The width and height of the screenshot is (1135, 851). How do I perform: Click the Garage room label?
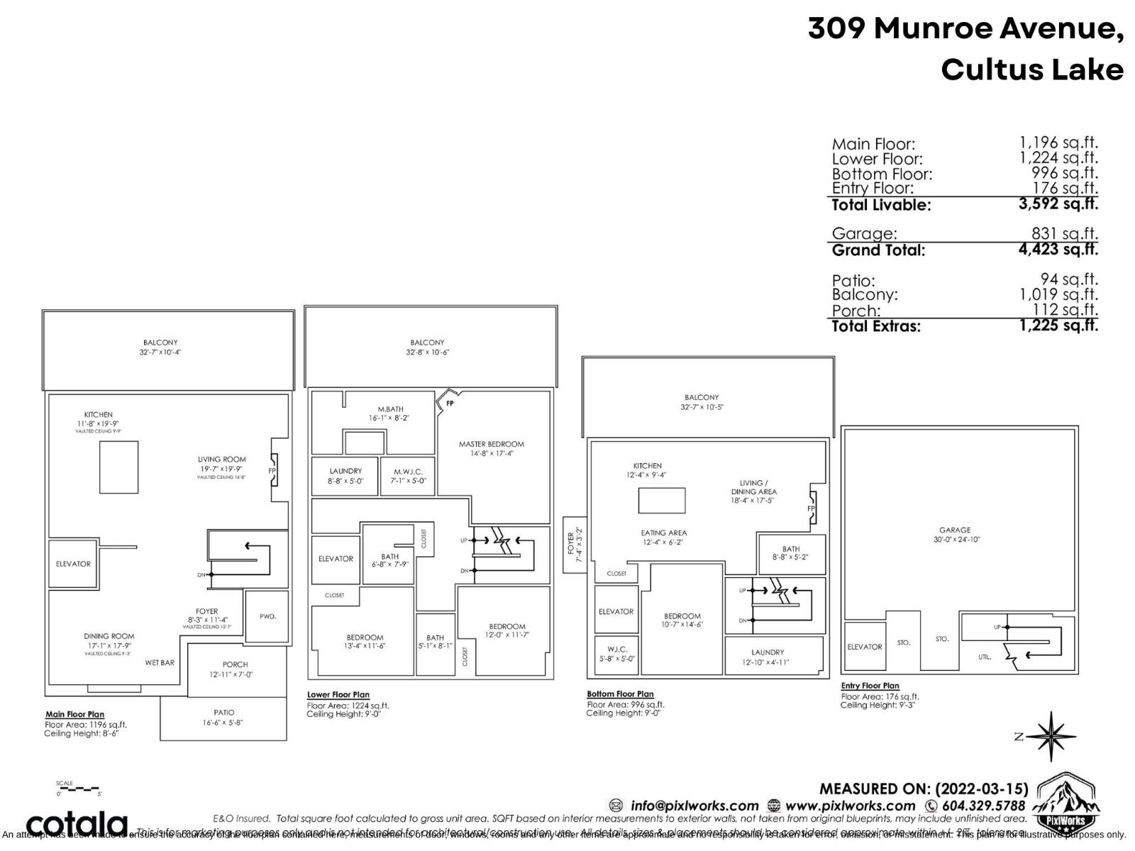pos(955,530)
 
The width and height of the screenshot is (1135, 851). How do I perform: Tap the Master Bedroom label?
pos(491,444)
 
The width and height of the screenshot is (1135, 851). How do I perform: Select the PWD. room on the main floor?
pos(267,616)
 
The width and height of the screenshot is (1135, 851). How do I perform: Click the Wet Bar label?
pos(160,662)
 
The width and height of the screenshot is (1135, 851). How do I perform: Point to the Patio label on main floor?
pos(223,713)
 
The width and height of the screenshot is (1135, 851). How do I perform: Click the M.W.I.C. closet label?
pos(409,472)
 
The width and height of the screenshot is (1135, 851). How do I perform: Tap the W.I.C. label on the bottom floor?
pos(616,649)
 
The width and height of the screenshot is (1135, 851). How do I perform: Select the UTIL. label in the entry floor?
pos(985,657)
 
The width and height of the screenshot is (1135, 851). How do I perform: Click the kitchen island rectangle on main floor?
pos(118,467)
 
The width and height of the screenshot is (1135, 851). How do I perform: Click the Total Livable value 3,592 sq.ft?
pos(1058,204)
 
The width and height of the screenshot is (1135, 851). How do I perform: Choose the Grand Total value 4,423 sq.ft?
pos(1058,249)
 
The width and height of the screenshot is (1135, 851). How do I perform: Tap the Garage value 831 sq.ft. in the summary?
pos(1064,233)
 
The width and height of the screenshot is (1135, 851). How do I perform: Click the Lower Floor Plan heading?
pos(338,695)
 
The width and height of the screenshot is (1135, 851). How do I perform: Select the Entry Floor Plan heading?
pos(870,686)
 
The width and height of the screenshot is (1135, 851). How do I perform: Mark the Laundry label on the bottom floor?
pos(768,652)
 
